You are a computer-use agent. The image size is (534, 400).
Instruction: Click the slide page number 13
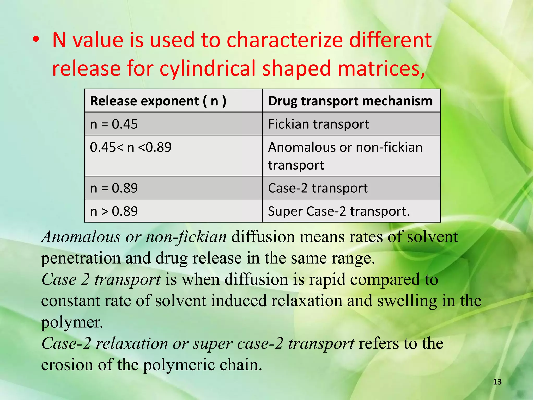pos(497,382)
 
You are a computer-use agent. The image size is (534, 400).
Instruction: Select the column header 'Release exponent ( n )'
pos(158,101)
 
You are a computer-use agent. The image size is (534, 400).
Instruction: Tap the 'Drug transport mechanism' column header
pos(350,101)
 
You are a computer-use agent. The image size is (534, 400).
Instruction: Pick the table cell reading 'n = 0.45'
pos(114,124)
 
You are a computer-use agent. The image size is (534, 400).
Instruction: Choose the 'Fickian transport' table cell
pos(318,124)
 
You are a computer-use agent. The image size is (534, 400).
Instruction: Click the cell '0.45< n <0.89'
pos(131,147)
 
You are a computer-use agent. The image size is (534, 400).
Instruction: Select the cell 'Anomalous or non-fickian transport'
pos(345,156)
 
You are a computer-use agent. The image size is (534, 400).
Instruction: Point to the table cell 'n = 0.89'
pos(114,188)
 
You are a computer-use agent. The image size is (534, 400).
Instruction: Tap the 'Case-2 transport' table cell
pos(318,188)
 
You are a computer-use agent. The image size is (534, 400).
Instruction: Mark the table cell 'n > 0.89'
pos(114,211)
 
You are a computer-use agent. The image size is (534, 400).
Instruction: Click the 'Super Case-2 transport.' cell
pos(339,211)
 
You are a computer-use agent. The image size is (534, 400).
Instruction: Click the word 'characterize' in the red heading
pos(285,40)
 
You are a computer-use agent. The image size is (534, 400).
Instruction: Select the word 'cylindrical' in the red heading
pos(207,68)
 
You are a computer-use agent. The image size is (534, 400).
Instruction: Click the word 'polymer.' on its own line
pos(72,322)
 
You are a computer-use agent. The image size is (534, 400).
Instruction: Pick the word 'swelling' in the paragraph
pos(407,301)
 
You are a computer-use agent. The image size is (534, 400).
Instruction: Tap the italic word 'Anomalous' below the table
pos(81,237)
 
